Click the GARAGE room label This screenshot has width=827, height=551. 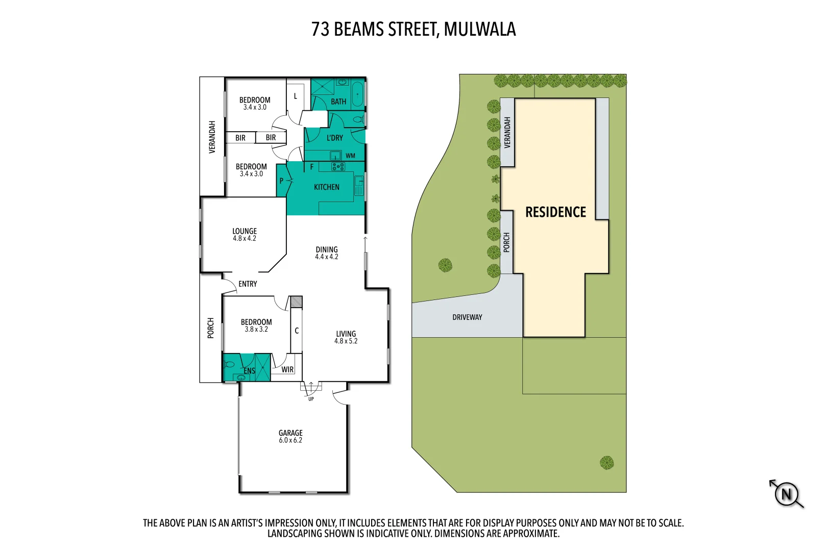coord(290,436)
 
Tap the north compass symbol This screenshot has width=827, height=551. coord(786,494)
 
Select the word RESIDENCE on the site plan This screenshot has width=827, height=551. coord(555,212)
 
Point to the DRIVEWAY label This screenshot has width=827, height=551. coord(467,317)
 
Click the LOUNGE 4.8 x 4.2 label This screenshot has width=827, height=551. coord(245,235)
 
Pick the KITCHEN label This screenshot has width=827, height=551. coord(326,187)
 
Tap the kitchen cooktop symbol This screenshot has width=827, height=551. coord(338,166)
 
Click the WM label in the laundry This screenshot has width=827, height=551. coord(350,156)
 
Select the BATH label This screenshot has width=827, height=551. coord(338,102)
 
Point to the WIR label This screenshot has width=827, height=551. coord(287,369)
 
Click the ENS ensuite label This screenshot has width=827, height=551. coord(249,371)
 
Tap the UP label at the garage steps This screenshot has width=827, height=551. coord(311,399)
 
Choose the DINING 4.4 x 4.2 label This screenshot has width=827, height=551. coord(326,253)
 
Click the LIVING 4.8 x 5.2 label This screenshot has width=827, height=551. coord(346,337)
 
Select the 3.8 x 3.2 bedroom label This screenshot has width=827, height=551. coord(256,325)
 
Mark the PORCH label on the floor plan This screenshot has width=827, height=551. coord(210,328)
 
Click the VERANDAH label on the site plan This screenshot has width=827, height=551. coord(507,133)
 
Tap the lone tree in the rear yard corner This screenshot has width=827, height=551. coord(606,463)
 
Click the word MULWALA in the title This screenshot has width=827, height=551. coord(480,30)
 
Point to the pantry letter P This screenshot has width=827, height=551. coord(281,181)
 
